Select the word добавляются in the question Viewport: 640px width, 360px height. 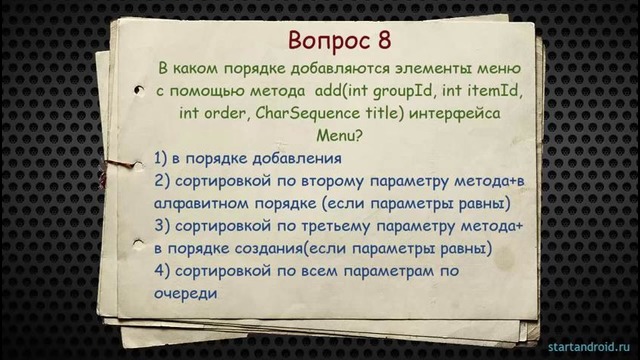coord(345,69)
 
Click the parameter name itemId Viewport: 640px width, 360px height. coord(485,92)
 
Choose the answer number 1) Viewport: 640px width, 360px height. coord(164,158)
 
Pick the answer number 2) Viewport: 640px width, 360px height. coord(164,181)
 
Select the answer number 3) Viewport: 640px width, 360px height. coord(164,226)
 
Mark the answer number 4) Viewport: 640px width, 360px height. coord(164,271)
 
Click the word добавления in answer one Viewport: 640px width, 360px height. coord(299,158)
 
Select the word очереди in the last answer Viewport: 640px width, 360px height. coord(186,293)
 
